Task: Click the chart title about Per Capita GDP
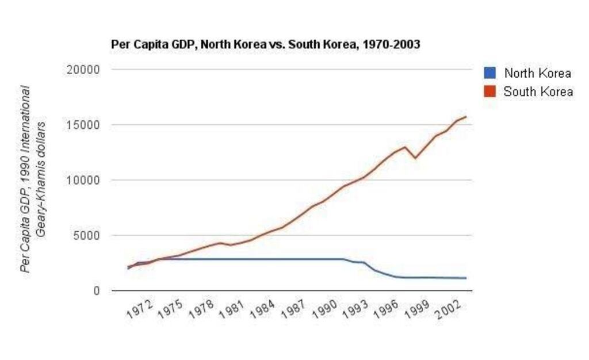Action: click(x=265, y=44)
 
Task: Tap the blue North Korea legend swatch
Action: click(x=489, y=73)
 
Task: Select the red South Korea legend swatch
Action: click(x=489, y=91)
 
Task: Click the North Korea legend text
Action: click(x=537, y=73)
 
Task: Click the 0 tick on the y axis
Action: click(x=96, y=291)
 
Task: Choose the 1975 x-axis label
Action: click(x=171, y=311)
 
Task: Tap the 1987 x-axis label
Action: click(x=295, y=311)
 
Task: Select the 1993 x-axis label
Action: click(x=356, y=311)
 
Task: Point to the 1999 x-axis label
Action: click(x=418, y=311)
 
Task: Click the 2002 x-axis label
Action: click(x=449, y=311)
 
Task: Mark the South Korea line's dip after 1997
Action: click(x=415, y=158)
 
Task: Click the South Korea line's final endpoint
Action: click(x=466, y=117)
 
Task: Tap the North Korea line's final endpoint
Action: click(x=466, y=278)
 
